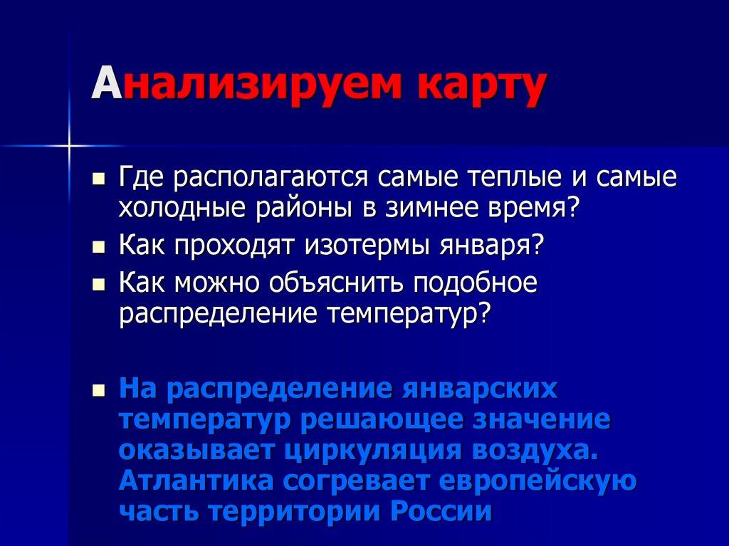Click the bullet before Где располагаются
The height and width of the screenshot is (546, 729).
(x=100, y=177)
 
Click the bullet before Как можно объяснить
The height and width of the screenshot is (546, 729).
(x=100, y=283)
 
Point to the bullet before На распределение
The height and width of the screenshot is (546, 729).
(x=100, y=390)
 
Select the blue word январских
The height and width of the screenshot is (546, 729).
(x=478, y=389)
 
